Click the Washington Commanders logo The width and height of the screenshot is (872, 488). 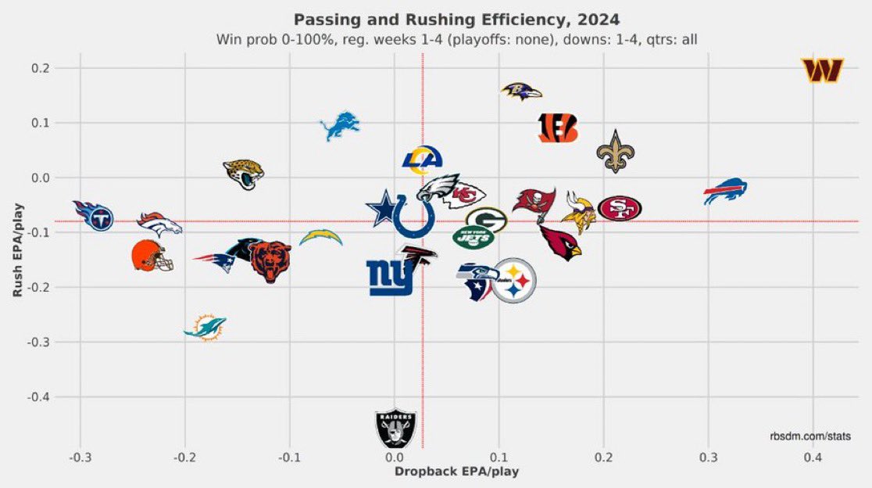(822, 71)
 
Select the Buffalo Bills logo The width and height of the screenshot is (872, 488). (725, 192)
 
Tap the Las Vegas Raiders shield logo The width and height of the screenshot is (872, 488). (395, 427)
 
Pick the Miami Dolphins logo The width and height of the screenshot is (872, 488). (205, 328)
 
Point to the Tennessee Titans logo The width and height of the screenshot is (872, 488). (94, 215)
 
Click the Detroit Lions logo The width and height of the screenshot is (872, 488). (340, 126)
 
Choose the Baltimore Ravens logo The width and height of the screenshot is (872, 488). (521, 91)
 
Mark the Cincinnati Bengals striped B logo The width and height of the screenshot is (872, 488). (558, 127)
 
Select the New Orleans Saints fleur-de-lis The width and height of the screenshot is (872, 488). (616, 152)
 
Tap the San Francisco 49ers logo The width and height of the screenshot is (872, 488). (620, 208)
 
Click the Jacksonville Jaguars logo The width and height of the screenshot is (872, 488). (243, 174)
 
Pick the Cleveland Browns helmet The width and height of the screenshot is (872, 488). (152, 256)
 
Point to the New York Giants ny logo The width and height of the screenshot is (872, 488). (390, 278)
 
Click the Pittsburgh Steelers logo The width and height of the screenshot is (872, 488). (513, 281)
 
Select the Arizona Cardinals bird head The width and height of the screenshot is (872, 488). (561, 243)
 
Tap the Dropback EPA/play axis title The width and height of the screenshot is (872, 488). (456, 472)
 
